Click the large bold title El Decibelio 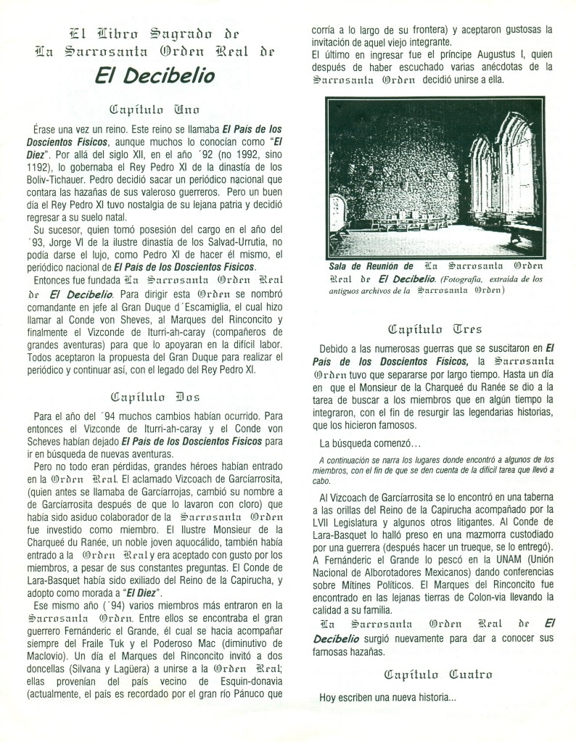[x=156, y=75]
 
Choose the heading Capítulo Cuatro [x=437, y=674]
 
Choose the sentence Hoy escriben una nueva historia [x=388, y=698]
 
